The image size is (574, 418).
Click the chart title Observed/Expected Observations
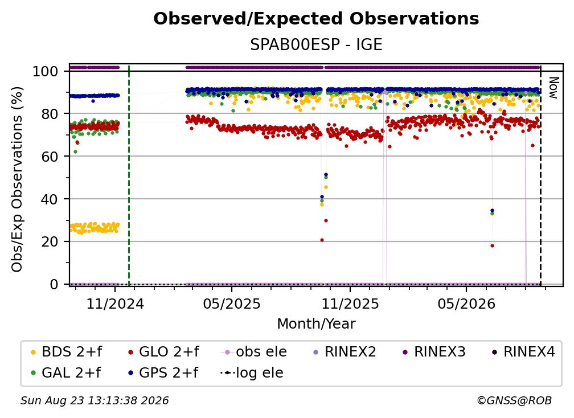coord(316,19)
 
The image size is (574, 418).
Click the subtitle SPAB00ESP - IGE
coord(316,44)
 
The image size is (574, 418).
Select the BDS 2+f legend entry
coord(67,352)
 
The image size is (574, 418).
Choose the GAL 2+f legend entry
coord(66,372)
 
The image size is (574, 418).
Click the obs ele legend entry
coord(253,352)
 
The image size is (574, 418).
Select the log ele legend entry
coord(252,372)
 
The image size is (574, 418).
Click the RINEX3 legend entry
coord(434,352)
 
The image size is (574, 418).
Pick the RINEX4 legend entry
coord(523,352)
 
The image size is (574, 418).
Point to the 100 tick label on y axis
coord(46,71)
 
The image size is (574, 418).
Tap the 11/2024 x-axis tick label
coord(115,304)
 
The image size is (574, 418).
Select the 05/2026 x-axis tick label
coord(466,304)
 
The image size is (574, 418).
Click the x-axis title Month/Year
coord(316,323)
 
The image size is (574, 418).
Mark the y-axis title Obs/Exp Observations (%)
coord(17,179)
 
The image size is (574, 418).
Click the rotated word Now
coord(553,88)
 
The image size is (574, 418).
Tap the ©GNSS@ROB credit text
coord(514,400)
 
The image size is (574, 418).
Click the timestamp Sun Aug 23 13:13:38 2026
coord(95,400)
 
